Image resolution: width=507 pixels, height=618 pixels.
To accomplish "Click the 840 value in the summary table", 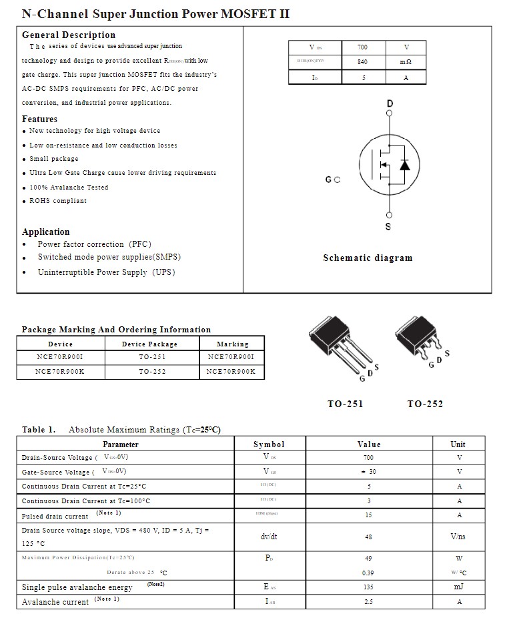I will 362,62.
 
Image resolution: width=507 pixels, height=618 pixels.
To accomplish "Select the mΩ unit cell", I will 406,62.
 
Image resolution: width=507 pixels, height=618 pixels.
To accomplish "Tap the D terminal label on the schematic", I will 390,103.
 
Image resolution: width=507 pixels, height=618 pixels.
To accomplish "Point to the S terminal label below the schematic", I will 388,227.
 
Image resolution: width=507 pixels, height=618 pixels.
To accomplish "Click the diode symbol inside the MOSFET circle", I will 404,165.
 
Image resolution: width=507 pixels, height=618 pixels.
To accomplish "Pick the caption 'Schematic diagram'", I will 368,258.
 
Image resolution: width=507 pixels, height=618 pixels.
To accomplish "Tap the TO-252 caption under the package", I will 425,404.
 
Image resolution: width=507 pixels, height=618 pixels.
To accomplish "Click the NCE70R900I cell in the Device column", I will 60,358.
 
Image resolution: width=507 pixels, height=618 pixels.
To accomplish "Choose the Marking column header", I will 232,344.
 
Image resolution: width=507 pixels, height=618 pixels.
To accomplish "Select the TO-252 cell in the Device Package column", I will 152,372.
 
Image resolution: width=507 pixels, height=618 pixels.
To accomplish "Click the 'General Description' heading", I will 69,35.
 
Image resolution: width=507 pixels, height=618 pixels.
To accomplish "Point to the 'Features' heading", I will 40,119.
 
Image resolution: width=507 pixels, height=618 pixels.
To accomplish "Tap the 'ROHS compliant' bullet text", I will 58,201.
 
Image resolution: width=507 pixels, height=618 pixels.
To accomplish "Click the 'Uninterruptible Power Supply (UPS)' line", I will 106,272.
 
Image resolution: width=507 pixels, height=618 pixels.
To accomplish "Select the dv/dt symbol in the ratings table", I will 269,537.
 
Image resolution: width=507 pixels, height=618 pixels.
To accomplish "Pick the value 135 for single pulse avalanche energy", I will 368,587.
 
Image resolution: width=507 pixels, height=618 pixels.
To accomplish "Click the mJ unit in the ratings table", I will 458,587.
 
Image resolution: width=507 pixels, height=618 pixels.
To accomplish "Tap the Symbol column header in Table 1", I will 269,444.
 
